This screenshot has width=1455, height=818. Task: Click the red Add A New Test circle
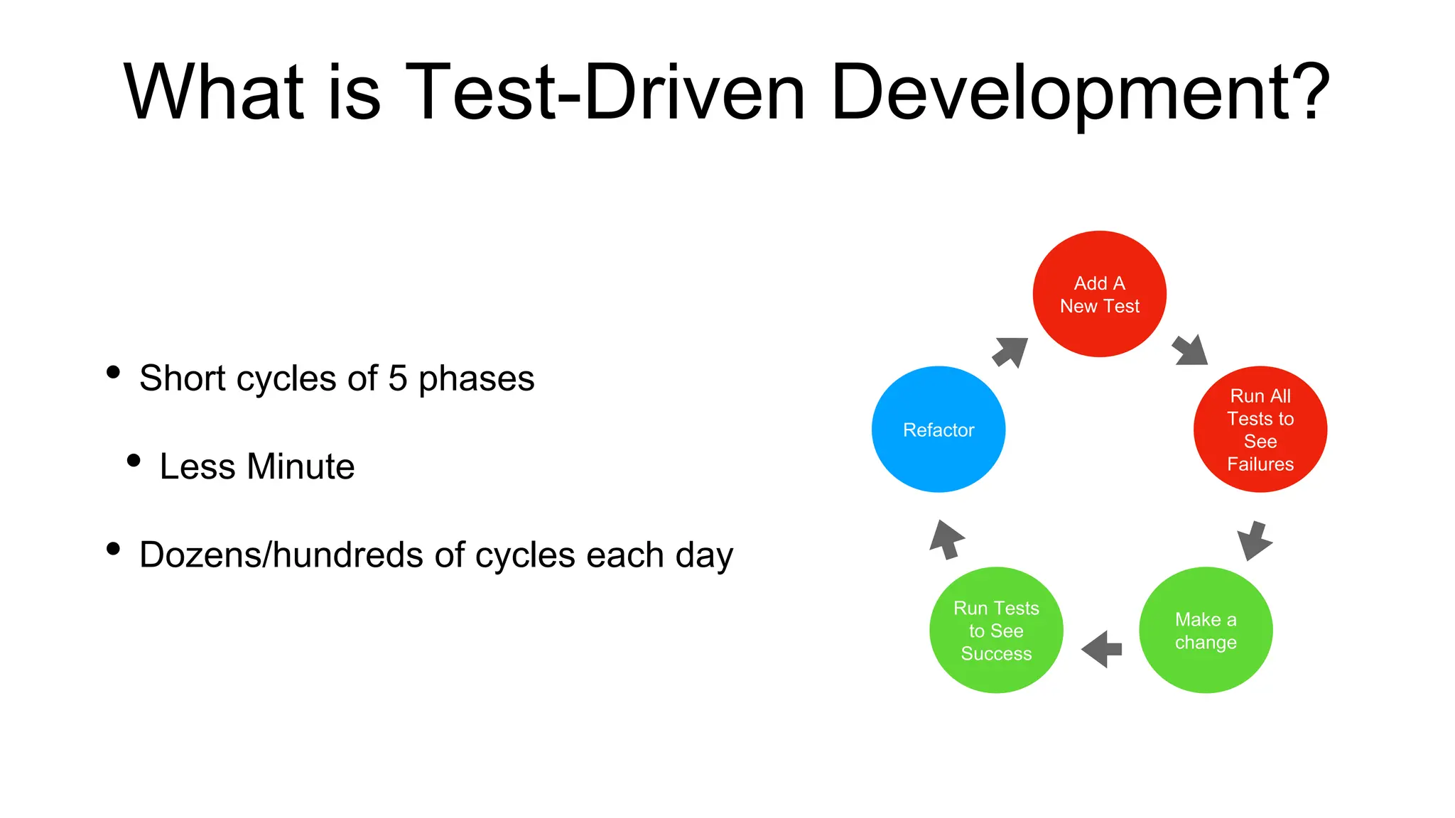pos(1099,294)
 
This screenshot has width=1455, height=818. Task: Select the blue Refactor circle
pos(939,430)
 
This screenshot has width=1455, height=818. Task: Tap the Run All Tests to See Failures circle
pos(1260,430)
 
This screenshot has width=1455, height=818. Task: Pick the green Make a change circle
pos(1206,631)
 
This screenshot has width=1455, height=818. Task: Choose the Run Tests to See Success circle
pos(996,631)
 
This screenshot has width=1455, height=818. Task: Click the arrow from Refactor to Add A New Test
pos(1010,352)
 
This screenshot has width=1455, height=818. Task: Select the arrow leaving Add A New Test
pos(1190,350)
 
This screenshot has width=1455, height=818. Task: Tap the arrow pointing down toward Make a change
pos(1254,541)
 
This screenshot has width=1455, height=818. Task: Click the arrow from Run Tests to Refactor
pos(946,540)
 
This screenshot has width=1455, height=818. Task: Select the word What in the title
pos(214,92)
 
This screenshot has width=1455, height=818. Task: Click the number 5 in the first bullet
pos(398,378)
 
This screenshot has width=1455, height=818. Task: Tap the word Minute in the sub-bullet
pos(301,467)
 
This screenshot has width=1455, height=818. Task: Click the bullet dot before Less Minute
pos(134,461)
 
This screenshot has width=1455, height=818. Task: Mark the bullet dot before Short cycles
pos(113,372)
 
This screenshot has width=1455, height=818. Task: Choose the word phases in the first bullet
pos(476,379)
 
